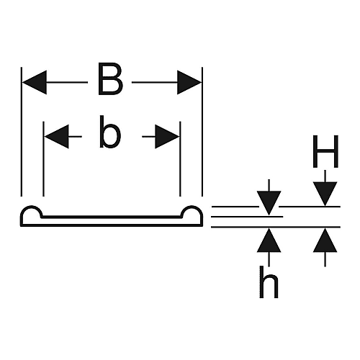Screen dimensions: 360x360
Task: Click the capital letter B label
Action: (x=110, y=78)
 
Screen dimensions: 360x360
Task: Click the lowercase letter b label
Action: (x=110, y=132)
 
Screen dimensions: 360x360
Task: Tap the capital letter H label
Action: (x=325, y=151)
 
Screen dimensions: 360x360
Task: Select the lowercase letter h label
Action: (x=269, y=282)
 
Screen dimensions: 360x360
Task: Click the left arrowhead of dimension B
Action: (x=35, y=82)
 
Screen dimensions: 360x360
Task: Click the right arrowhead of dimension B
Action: (x=189, y=82)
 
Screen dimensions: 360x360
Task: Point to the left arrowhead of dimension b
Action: (x=57, y=137)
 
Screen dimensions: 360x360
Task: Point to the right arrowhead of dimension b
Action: (x=167, y=137)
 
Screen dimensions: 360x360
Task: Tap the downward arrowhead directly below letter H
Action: (x=325, y=194)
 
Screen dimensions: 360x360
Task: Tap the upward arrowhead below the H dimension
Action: (x=325, y=240)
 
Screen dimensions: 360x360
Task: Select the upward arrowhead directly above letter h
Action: (x=269, y=240)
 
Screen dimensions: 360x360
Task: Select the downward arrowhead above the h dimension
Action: (x=269, y=203)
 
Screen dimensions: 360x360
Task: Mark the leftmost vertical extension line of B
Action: (x=22, y=132)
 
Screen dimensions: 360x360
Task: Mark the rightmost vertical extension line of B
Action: (x=202, y=132)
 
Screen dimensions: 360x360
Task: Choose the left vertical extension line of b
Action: (x=43, y=159)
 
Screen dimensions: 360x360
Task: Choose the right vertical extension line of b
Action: (x=180, y=159)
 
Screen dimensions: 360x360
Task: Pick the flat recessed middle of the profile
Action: (x=112, y=217)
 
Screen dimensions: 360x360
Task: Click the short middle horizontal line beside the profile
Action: (x=247, y=217)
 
